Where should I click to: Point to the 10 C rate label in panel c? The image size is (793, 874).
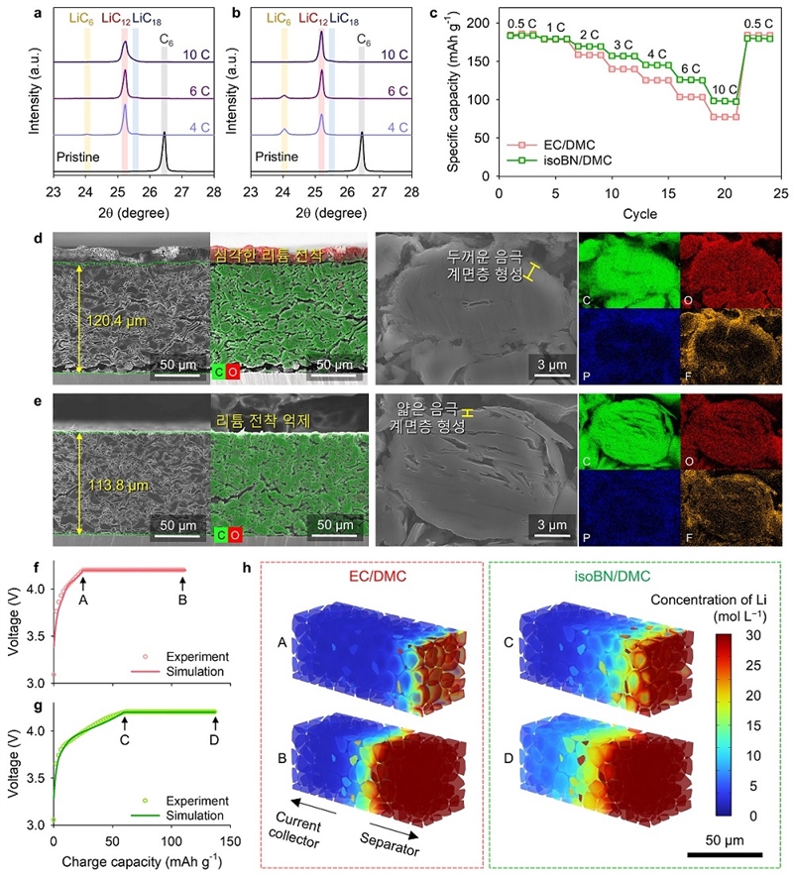(x=726, y=87)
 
